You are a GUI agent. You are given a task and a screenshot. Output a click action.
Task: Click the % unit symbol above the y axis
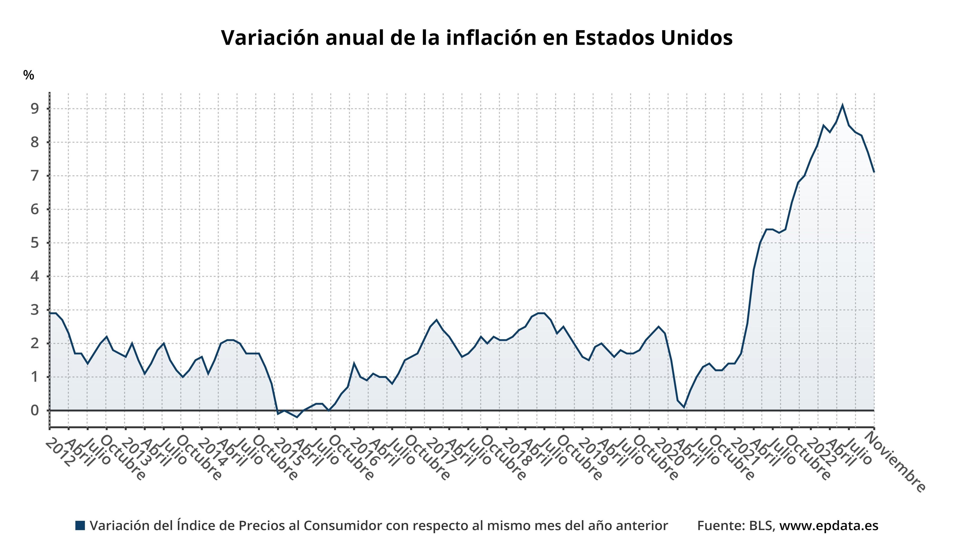pos(28,75)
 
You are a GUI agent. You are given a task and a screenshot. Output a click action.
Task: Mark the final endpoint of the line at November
pos(874,172)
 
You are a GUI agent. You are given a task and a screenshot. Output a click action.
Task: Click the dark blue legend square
pos(80,525)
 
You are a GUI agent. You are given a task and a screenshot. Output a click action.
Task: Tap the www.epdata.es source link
pos(829,525)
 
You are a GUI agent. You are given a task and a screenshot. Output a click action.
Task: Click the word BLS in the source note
pos(762,525)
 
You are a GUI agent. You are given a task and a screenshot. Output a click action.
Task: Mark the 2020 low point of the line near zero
pos(684,407)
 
